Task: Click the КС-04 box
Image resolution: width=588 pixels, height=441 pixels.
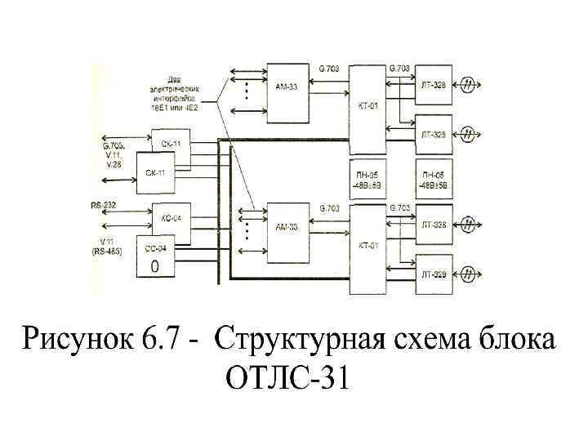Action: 171,218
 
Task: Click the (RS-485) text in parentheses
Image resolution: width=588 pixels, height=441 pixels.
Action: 107,252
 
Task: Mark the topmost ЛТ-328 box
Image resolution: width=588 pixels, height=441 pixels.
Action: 434,84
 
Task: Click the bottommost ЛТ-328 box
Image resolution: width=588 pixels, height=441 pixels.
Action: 434,274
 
